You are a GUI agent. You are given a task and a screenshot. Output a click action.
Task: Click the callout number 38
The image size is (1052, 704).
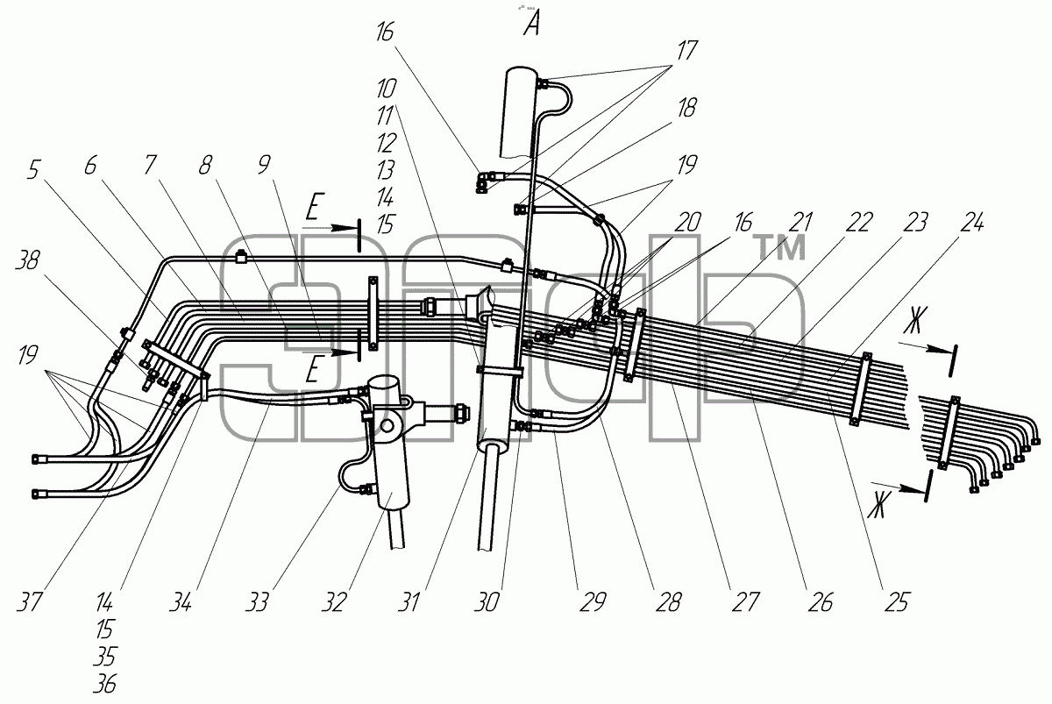[x=28, y=260]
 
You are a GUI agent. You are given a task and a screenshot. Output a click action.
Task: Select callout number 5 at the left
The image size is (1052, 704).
[x=33, y=169]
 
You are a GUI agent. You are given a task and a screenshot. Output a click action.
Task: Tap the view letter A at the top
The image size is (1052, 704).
[x=531, y=24]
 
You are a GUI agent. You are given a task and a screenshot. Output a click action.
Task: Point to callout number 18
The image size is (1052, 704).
[x=686, y=108]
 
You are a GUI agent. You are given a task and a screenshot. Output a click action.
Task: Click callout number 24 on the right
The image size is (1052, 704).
[x=971, y=222]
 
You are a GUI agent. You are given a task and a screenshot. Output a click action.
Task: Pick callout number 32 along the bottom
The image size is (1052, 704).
[x=334, y=602]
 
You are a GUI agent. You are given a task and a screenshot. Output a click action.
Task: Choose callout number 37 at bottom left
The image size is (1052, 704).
[x=29, y=602]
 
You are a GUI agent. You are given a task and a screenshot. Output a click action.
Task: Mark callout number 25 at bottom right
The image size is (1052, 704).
[x=897, y=602]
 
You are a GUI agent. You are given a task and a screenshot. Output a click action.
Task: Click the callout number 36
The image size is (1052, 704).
[x=104, y=683]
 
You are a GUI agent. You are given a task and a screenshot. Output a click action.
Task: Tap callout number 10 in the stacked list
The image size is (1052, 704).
[x=386, y=88]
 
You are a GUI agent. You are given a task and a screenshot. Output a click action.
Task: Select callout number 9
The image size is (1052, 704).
[x=264, y=165]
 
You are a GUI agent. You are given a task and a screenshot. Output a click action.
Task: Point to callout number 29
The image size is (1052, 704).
[x=593, y=602]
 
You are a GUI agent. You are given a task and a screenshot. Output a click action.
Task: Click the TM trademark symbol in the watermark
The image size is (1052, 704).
[x=780, y=247]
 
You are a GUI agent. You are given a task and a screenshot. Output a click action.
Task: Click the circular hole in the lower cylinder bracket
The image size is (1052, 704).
[x=386, y=426]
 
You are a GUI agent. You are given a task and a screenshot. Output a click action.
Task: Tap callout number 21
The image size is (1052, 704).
[x=800, y=222]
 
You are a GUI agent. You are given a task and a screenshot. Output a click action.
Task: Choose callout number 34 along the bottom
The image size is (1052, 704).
[x=181, y=602]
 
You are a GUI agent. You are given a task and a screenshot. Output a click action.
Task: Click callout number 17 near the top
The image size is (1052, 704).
[x=686, y=50]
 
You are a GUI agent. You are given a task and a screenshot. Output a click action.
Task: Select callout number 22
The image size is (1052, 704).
[x=858, y=222]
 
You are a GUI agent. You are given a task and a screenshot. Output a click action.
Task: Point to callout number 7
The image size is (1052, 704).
[x=150, y=165]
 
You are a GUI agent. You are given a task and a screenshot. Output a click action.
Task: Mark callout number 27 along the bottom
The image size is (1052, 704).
[x=745, y=602]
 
